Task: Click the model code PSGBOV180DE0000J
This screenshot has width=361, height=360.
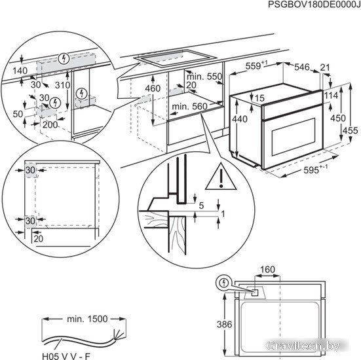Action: [314, 5]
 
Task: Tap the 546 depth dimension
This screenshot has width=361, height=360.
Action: [302, 67]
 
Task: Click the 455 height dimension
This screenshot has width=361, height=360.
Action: [350, 130]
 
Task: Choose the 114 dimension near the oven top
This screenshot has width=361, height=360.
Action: [331, 95]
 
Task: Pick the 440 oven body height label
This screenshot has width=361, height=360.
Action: [240, 119]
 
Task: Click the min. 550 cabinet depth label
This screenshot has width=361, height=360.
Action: [204, 77]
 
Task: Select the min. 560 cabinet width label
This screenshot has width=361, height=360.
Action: [190, 106]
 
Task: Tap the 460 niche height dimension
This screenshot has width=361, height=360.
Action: [153, 88]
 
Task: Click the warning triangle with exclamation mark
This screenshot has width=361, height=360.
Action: [221, 177]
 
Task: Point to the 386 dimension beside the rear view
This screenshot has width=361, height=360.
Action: [225, 325]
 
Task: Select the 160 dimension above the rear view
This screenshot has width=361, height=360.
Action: [267, 270]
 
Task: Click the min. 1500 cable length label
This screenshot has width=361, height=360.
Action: [87, 319]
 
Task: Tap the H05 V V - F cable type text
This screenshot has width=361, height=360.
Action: [66, 356]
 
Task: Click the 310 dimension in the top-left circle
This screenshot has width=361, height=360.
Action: [62, 85]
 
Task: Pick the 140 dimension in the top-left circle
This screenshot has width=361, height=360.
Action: [20, 71]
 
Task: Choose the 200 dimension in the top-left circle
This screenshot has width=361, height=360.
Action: [50, 124]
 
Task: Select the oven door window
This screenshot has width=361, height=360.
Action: [294, 137]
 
